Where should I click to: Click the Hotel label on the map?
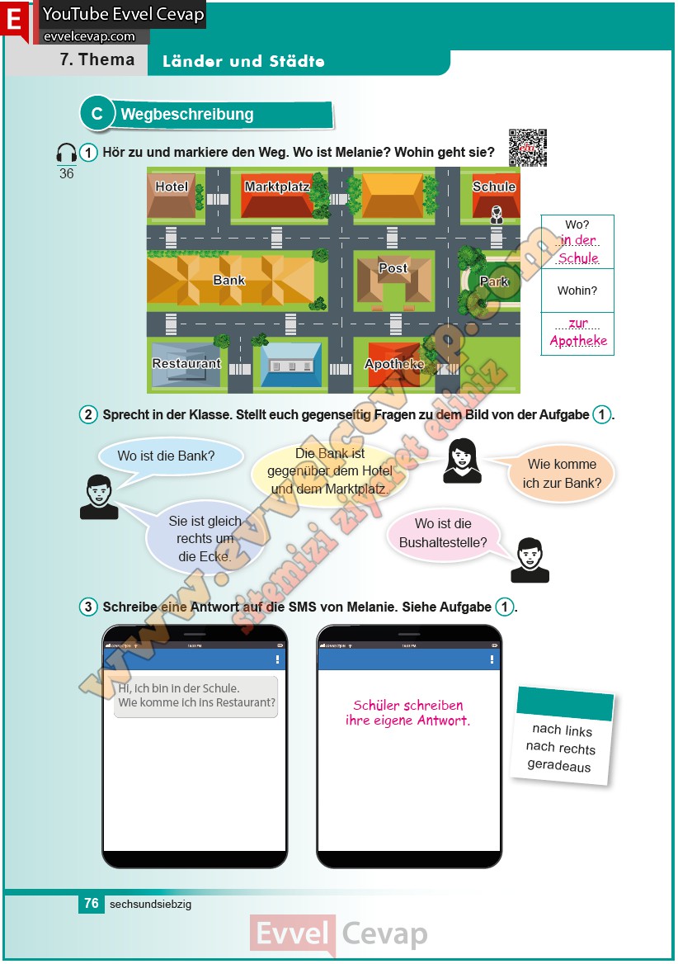[172, 187]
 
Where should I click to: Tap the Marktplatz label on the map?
[276, 187]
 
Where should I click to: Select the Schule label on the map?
[493, 187]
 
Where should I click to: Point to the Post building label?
[393, 268]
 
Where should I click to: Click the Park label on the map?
[494, 281]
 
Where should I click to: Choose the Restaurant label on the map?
[186, 364]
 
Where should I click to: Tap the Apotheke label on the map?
[394, 364]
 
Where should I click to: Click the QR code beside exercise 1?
[527, 148]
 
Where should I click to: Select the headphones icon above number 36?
[66, 154]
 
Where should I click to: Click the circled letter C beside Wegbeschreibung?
[97, 115]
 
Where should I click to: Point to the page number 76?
[92, 904]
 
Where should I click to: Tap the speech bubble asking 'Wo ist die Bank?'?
[167, 456]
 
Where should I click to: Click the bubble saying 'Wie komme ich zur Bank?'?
[562, 474]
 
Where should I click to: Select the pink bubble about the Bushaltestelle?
[442, 533]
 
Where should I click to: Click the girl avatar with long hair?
[462, 461]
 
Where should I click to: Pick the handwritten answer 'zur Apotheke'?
[578, 333]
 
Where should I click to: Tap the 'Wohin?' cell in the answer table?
[577, 291]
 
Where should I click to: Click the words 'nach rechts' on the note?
[560, 748]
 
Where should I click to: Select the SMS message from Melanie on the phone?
[196, 696]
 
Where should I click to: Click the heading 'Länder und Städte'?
[243, 62]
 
